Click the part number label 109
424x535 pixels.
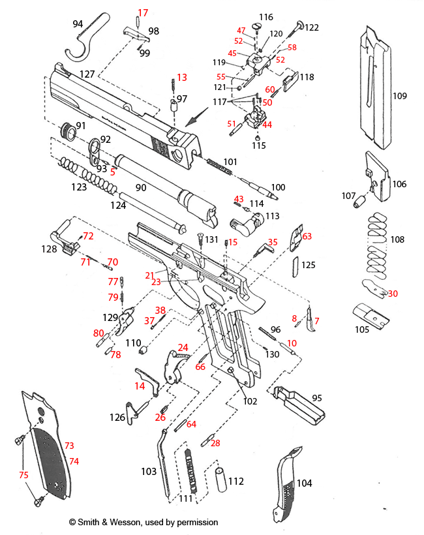coord(399,96)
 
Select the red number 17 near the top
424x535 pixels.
coord(143,12)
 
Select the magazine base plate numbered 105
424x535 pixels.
coord(370,316)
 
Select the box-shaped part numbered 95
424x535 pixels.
coord(297,405)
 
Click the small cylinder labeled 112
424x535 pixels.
coord(219,480)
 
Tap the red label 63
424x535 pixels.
coord(307,236)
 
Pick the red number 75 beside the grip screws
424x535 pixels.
coord(23,475)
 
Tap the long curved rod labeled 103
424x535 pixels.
coord(163,460)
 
